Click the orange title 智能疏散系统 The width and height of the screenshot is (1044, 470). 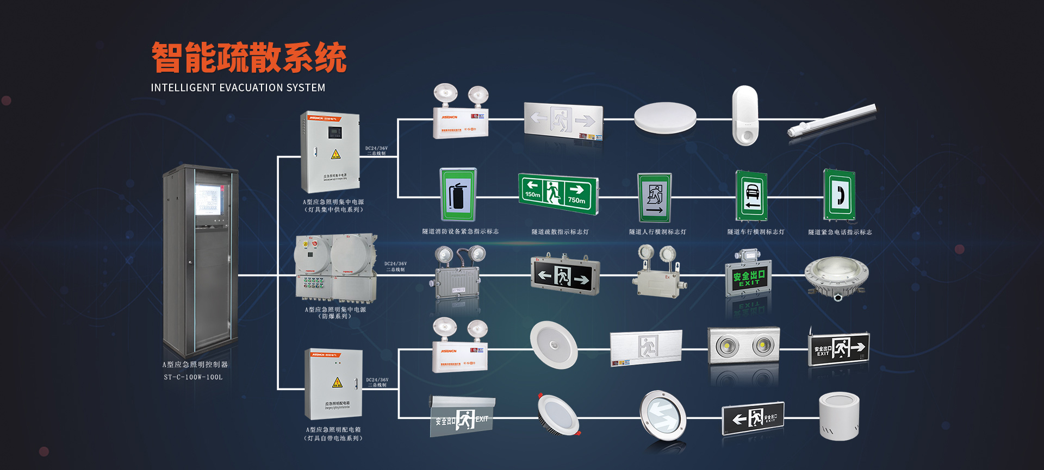pos(249,58)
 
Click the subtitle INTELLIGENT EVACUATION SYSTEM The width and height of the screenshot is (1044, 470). pos(238,87)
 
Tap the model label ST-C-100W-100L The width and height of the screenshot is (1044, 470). pos(193,377)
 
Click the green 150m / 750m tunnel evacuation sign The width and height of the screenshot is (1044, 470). pos(558,194)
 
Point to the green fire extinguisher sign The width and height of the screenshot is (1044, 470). pos(458,195)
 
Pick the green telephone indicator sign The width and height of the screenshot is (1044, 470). pos(839,195)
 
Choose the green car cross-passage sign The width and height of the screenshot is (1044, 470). pos(751,196)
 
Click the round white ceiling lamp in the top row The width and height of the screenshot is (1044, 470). pos(665,117)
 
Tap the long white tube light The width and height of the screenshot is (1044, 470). pos(832,121)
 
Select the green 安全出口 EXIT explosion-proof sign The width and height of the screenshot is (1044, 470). pos(748,278)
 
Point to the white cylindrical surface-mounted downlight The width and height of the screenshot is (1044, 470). pos(839,416)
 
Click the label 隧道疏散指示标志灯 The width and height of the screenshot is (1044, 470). pos(560,232)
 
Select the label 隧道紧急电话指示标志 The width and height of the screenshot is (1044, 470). pos(840,233)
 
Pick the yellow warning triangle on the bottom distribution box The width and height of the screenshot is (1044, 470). pos(337,383)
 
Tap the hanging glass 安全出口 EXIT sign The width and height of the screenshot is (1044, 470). pos(461,418)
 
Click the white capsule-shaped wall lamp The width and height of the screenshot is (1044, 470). pos(744,115)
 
